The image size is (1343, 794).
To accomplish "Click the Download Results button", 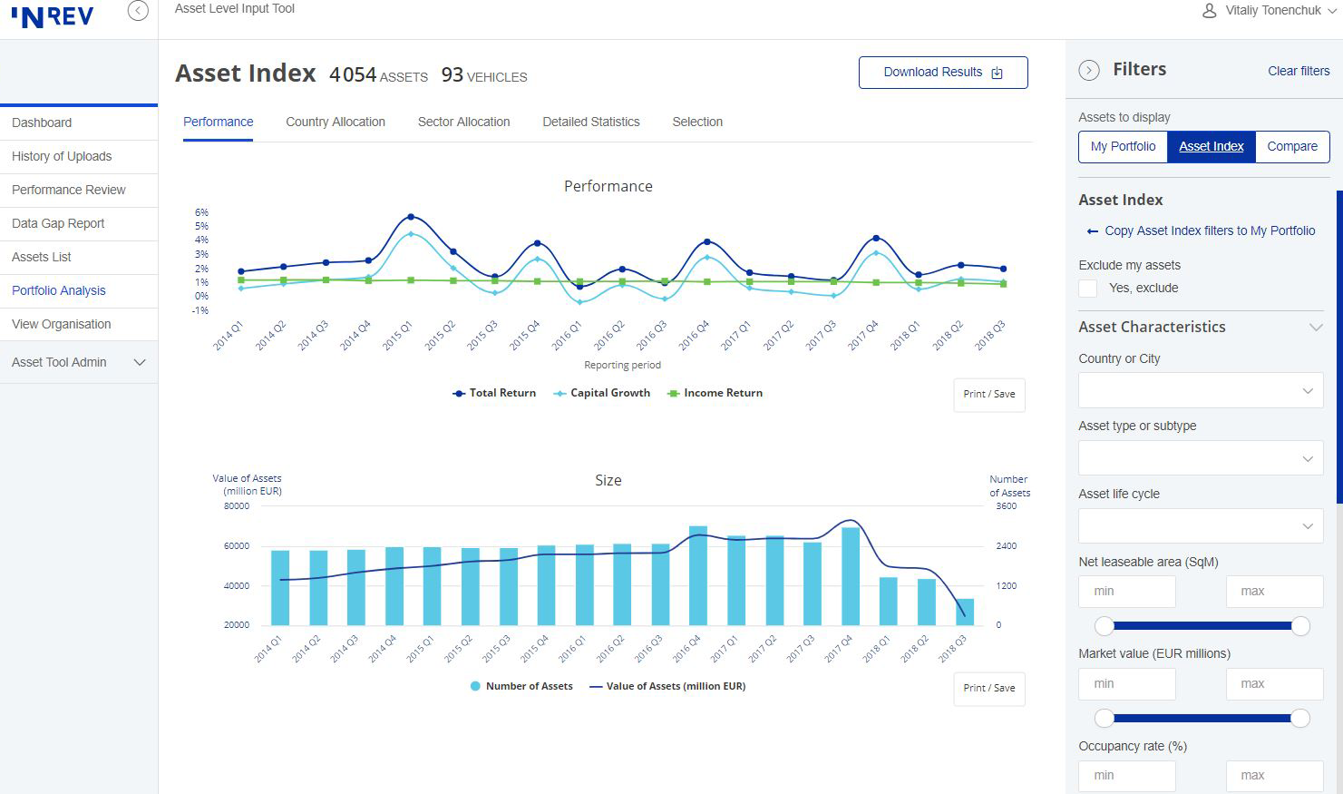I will [x=943, y=73].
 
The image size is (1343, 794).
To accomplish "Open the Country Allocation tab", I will [x=336, y=122].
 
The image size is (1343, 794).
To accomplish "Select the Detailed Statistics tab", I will [x=591, y=122].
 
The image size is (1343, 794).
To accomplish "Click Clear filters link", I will [x=1299, y=71].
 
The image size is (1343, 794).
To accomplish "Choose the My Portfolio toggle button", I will [x=1123, y=146].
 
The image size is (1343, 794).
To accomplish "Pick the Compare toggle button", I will [x=1292, y=146].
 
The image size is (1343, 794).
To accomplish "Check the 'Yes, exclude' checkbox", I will [x=1088, y=289].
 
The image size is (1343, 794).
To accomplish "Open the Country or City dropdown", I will [x=1201, y=391].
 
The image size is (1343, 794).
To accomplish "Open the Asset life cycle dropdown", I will [x=1201, y=526].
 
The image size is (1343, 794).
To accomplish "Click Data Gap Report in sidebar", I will [x=58, y=223].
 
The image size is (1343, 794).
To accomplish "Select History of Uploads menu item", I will [x=62, y=156].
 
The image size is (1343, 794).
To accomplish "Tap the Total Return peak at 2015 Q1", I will [x=411, y=217].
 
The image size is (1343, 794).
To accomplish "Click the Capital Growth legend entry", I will [x=602, y=393].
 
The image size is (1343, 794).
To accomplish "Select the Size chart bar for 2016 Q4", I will [x=698, y=576].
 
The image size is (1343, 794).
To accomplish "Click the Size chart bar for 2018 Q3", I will [x=965, y=612].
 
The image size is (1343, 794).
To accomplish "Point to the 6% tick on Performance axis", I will [x=201, y=212].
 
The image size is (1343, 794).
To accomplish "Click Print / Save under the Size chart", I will [x=988, y=688].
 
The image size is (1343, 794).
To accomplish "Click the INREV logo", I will [x=53, y=16].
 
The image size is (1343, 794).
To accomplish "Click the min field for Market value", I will [x=1126, y=684].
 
